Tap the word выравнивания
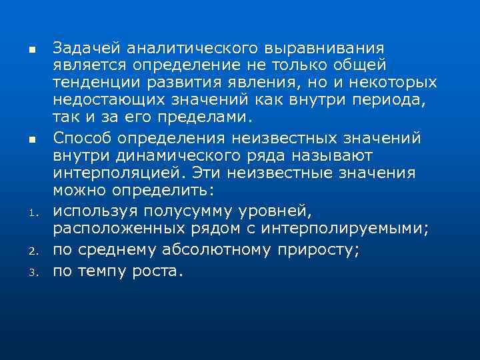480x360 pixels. click(325, 48)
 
